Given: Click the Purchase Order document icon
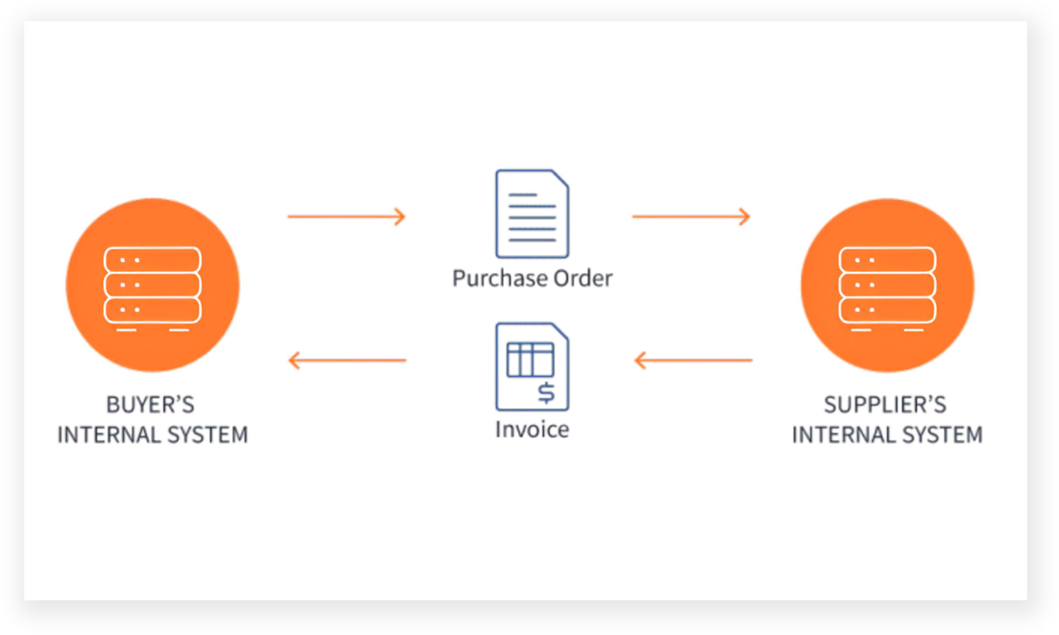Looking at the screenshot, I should (532, 214).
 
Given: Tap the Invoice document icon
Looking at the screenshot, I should (532, 367).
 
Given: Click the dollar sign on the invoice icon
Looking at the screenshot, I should (546, 393).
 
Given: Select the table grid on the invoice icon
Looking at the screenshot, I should (530, 359).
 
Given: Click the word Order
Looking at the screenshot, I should (583, 278).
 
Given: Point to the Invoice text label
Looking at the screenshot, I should (532, 429).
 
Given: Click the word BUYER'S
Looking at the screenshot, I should (150, 405).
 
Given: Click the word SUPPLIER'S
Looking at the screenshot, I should (885, 405).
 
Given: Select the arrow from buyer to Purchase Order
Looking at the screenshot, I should (346, 217).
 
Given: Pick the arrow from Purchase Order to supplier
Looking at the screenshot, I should (691, 217).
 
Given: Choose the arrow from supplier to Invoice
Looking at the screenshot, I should (693, 360).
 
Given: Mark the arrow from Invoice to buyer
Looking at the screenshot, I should (348, 360).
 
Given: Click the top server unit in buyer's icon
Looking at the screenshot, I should (153, 260).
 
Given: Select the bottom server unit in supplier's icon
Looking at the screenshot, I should (888, 310).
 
